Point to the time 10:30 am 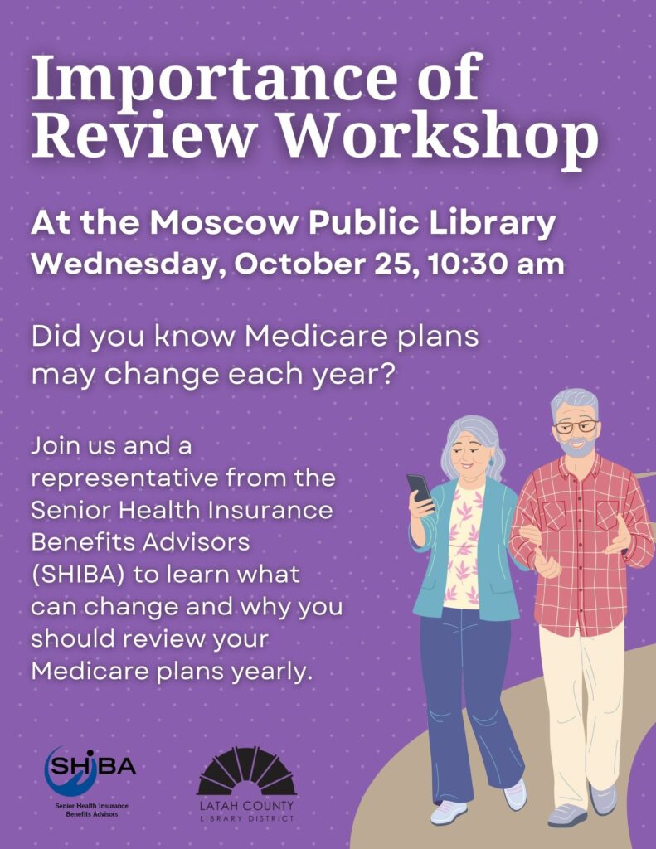click(x=495, y=264)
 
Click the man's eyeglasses click(x=576, y=426)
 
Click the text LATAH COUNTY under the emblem click(x=246, y=806)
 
